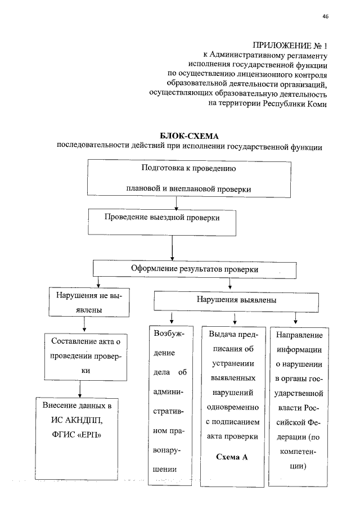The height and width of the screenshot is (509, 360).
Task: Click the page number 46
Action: click(325, 16)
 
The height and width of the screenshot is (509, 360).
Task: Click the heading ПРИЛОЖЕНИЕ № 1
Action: click(290, 45)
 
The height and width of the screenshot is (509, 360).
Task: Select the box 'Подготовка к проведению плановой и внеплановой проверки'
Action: click(188, 179)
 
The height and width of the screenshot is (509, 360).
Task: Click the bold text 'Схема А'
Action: click(232, 457)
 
